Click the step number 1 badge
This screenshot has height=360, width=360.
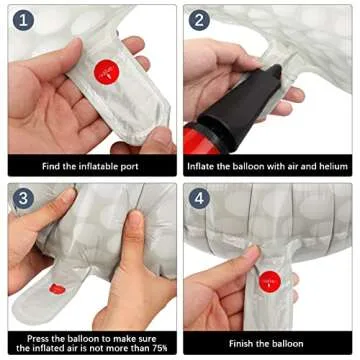point(23,20)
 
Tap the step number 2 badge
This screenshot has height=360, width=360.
point(199,20)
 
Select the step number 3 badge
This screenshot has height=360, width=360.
point(23,199)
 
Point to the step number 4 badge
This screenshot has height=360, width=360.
point(199,199)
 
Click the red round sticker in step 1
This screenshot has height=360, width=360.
point(107,72)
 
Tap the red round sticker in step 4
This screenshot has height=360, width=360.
point(270,282)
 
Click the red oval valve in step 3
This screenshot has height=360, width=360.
point(57,289)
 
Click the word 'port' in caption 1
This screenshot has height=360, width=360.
point(129,166)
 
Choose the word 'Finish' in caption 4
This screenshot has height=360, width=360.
point(240,343)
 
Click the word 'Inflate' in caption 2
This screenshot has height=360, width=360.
point(200,166)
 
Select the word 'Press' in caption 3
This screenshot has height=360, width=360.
point(37,339)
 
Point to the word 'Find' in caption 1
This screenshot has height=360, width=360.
point(50,166)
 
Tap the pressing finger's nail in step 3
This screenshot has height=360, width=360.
point(136,218)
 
